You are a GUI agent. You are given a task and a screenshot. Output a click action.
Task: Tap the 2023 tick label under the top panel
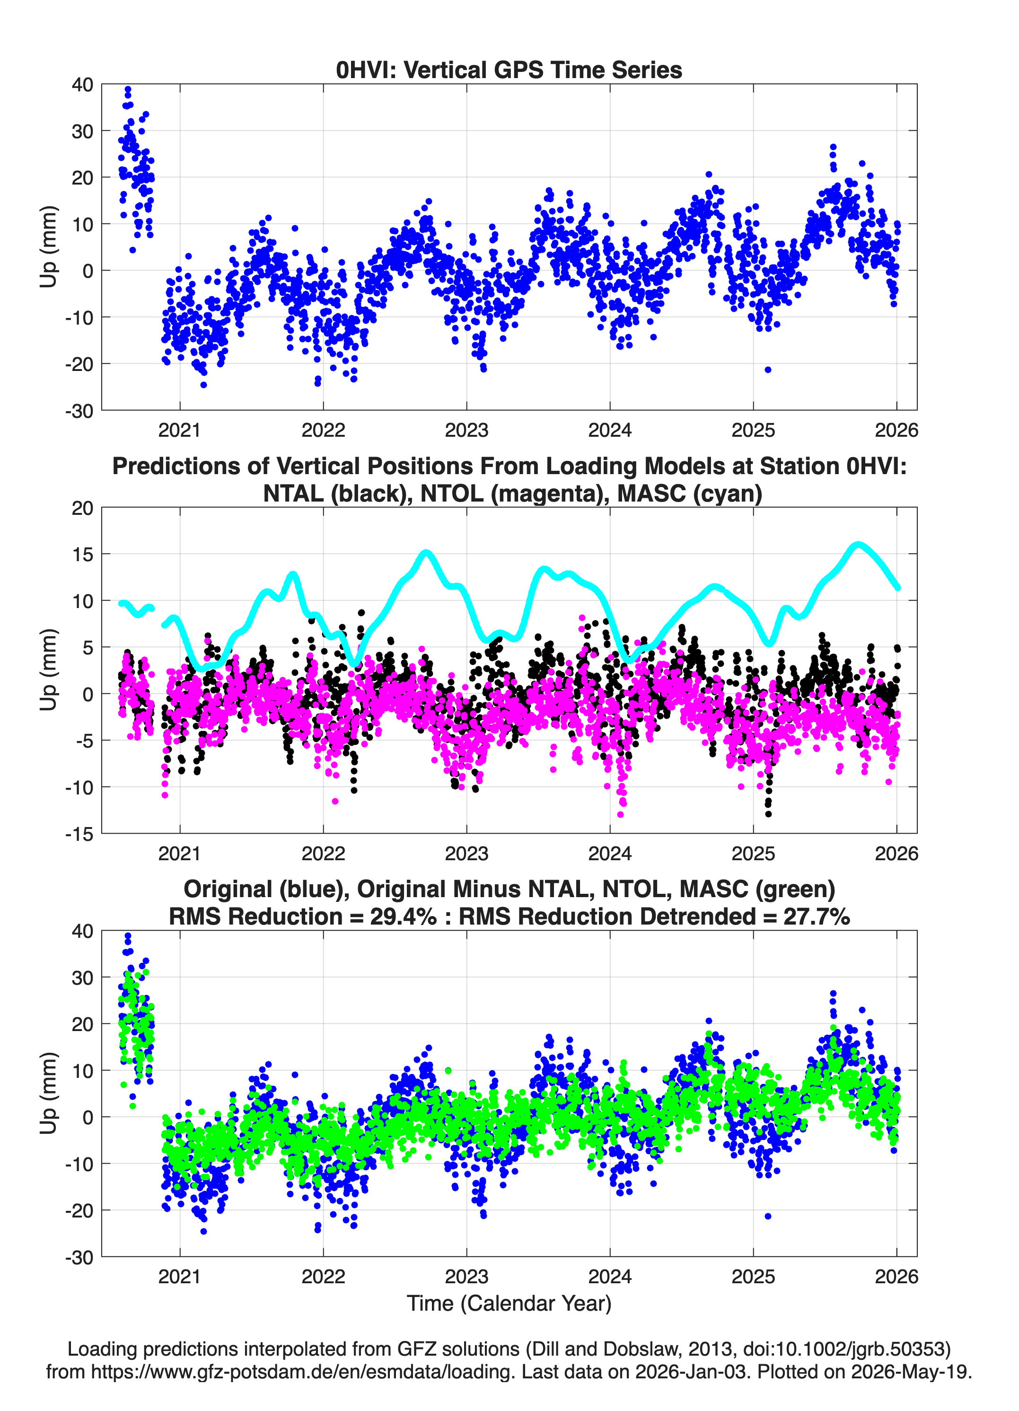pos(466,430)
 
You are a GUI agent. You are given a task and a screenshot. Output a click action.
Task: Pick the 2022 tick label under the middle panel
pos(324,853)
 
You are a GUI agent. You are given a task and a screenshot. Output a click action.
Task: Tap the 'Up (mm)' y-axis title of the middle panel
pos(49,670)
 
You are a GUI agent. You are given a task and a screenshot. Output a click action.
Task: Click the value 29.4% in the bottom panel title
pos(403,917)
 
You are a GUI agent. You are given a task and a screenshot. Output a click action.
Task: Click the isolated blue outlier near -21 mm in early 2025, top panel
pos(768,370)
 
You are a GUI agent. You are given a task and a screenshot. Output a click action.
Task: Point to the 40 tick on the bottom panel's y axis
pos(83,931)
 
